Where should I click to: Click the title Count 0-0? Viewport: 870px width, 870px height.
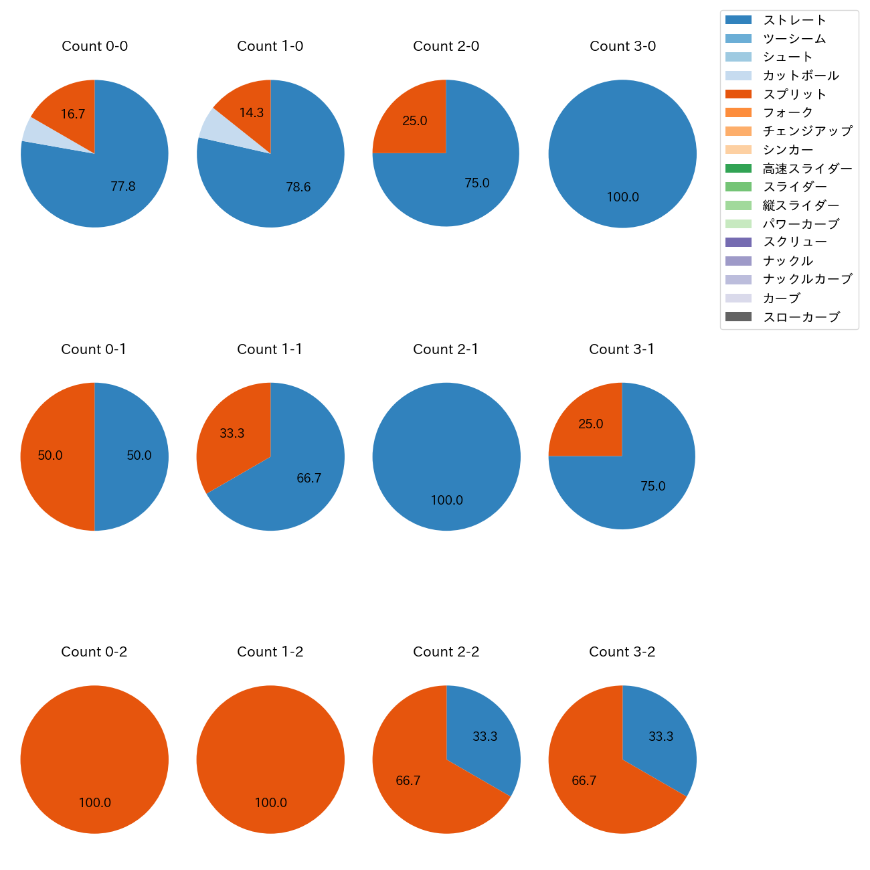click(94, 46)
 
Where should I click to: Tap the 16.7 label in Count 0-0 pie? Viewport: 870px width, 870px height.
click(73, 114)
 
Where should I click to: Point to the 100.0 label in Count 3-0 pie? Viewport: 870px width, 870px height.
click(622, 197)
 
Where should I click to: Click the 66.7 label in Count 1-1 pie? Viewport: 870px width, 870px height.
click(309, 478)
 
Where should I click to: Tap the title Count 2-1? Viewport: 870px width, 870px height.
click(446, 349)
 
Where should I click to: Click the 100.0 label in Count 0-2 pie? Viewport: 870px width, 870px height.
click(95, 803)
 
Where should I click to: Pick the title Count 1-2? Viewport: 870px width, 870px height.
click(270, 652)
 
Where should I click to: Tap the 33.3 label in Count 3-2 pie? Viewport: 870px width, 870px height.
click(661, 737)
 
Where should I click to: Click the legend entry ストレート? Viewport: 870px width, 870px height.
click(794, 20)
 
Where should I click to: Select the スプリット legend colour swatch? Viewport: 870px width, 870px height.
click(738, 94)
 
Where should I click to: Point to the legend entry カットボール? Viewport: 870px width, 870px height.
click(800, 76)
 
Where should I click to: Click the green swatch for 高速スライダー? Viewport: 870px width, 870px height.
click(738, 169)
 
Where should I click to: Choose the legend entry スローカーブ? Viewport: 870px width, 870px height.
click(801, 317)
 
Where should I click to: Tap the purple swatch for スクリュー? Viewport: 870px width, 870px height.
click(738, 242)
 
